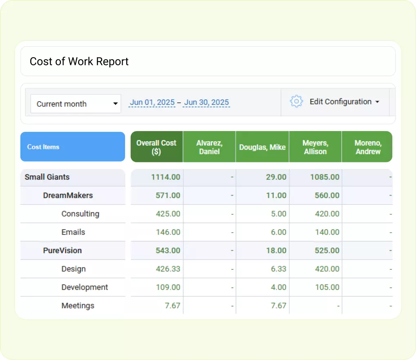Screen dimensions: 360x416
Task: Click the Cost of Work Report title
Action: click(79, 62)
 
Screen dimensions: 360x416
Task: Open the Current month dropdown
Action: click(76, 104)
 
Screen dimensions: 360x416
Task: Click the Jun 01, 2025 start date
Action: click(152, 102)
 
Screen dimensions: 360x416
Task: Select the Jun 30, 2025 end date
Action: click(206, 102)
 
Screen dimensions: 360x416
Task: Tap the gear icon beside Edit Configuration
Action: click(296, 102)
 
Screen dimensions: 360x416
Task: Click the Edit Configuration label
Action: click(340, 102)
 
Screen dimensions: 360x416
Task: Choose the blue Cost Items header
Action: click(73, 147)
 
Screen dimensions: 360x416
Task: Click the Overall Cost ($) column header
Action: click(157, 147)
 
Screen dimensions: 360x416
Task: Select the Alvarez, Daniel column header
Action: click(209, 147)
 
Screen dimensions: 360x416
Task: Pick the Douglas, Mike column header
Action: click(262, 147)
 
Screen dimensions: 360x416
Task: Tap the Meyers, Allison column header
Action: click(315, 147)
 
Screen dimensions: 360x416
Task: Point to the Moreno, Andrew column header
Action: click(368, 147)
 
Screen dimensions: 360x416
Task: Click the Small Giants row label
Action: click(47, 177)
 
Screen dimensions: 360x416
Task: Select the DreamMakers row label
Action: click(68, 196)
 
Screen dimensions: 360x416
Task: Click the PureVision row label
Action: click(63, 251)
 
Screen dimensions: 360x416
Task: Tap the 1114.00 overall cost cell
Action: click(166, 177)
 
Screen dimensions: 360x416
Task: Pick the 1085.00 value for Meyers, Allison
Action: click(324, 177)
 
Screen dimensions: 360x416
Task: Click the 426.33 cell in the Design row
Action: click(168, 269)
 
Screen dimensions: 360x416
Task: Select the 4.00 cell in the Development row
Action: click(279, 287)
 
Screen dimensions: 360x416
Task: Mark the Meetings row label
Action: click(78, 306)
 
